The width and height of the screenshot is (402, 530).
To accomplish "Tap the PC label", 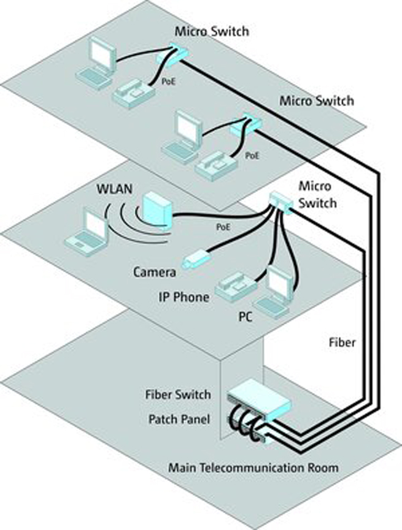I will tap(245, 319).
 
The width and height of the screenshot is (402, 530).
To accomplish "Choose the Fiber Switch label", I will tap(178, 394).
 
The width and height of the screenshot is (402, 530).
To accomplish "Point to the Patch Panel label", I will tap(179, 420).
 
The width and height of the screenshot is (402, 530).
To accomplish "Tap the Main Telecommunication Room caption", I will tap(253, 469).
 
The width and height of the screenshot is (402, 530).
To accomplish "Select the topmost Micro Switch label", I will tap(212, 30).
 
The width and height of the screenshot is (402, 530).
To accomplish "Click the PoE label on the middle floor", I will tap(223, 226).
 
